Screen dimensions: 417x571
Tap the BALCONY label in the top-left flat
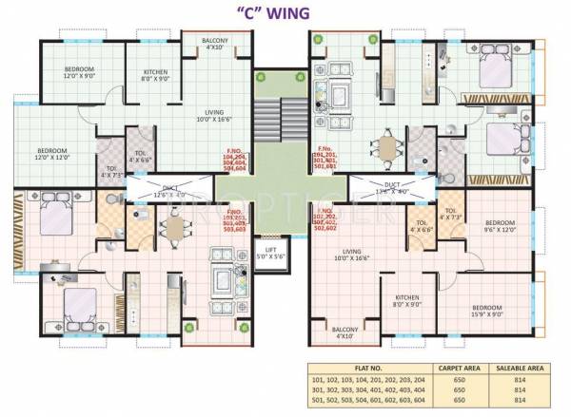[x=214, y=44]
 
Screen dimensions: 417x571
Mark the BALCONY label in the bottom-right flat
[x=345, y=332]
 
